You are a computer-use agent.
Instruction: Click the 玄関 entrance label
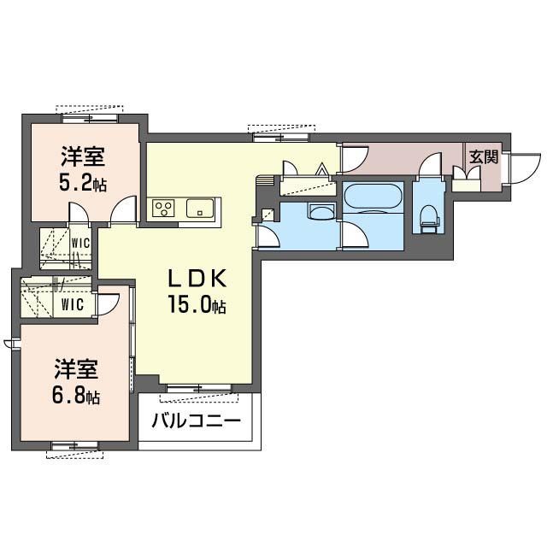[484, 157]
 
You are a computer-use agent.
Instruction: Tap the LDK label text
[197, 278]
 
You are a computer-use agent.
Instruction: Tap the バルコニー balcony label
[196, 421]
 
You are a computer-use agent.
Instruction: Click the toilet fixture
[429, 218]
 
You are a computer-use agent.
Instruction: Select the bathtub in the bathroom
[373, 196]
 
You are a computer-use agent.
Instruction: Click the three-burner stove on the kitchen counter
[163, 208]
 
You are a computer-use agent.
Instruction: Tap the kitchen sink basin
[200, 209]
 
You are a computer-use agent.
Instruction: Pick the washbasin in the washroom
[321, 211]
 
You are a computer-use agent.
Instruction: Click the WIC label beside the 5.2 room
[80, 243]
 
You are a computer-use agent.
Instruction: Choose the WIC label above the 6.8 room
[73, 304]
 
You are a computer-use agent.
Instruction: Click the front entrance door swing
[525, 168]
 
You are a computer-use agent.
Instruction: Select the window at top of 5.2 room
[90, 118]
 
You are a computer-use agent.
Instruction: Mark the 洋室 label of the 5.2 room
[83, 156]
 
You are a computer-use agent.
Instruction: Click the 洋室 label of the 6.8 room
[76, 369]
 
